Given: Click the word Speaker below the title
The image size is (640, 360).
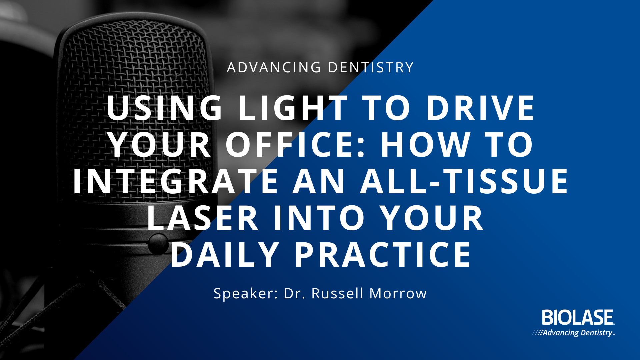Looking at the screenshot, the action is [x=246, y=294].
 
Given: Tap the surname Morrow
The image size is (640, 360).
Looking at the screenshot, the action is [x=398, y=293].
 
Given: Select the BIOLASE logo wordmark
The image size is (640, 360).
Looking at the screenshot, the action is [x=578, y=317].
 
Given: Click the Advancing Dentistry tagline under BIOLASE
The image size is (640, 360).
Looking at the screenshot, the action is [x=578, y=333].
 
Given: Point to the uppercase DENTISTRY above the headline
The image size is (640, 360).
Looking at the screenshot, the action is [x=371, y=67].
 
